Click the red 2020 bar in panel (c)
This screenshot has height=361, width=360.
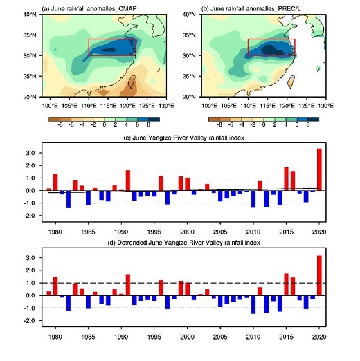(319, 169)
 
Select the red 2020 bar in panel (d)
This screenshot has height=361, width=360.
(319, 275)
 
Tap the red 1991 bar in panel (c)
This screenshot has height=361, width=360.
(128, 180)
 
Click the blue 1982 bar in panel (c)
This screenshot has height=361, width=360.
(69, 199)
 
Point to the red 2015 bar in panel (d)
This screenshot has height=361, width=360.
(286, 284)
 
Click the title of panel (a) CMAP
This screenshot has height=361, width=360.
(89, 9)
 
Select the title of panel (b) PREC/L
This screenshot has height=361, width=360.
(251, 9)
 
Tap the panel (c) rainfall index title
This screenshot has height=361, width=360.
(184, 138)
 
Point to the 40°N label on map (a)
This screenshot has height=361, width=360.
(30, 15)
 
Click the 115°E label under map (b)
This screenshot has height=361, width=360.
(267, 106)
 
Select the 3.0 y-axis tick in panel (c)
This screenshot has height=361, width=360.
(30, 153)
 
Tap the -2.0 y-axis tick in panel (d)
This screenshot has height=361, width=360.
(30, 321)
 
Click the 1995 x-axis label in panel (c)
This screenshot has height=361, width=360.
(154, 232)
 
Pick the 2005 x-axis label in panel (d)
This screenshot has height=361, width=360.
(220, 337)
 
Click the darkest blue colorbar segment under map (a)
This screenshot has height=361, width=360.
(154, 119)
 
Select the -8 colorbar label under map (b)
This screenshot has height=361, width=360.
(219, 124)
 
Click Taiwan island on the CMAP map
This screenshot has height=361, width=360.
(132, 82)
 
